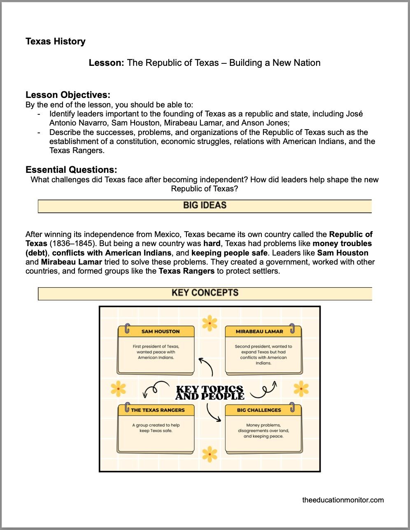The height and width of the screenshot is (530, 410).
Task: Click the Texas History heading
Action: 56,42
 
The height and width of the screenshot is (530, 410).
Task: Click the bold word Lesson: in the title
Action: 107,63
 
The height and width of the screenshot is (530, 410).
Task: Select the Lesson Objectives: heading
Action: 68,95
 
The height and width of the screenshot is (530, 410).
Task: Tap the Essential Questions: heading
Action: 71,170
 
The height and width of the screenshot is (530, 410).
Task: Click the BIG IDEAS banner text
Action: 205,205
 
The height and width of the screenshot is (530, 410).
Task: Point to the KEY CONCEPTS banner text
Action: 205,293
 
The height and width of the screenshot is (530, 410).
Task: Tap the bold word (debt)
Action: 37,253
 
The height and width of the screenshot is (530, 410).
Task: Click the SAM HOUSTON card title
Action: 161,331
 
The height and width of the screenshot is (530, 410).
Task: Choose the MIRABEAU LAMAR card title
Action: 259,331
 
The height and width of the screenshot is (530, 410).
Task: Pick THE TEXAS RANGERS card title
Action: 158,410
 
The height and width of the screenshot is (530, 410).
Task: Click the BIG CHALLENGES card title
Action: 259,410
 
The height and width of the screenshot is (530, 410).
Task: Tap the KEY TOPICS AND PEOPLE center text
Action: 210,393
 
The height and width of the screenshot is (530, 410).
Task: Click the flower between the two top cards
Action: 210,323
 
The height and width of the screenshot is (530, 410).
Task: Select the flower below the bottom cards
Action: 210,454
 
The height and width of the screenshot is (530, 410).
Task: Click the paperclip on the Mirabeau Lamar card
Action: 292,328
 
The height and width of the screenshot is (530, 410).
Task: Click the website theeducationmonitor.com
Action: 343,500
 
